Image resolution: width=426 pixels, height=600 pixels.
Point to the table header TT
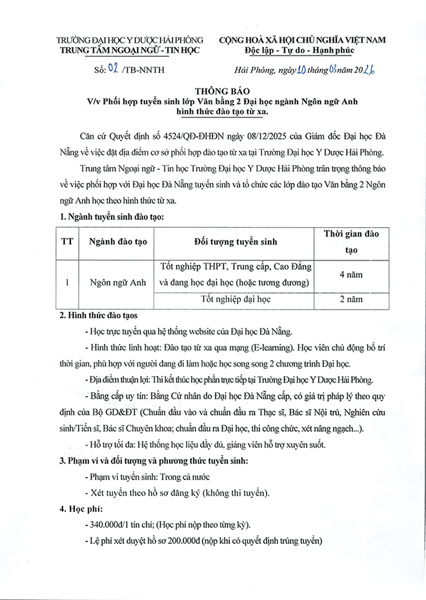[x=66, y=241]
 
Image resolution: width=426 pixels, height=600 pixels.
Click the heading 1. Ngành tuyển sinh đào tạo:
[x=111, y=217]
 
